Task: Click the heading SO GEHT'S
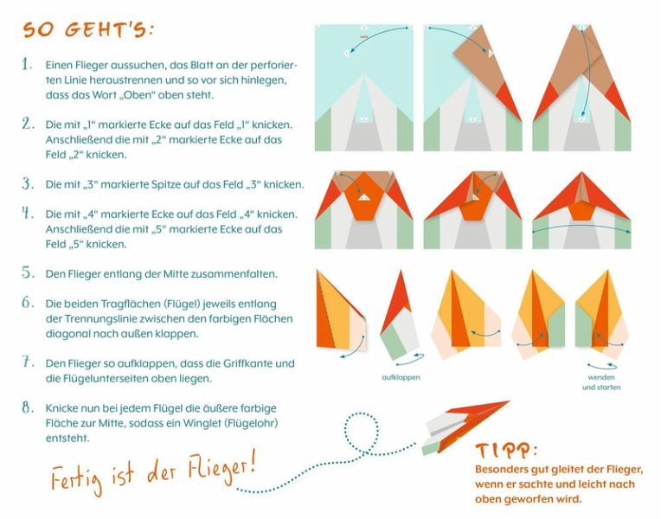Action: pos(88,30)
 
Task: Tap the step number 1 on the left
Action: pos(27,65)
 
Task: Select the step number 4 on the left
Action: pos(28,214)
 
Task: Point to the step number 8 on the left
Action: pos(28,407)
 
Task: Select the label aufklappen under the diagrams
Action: pos(401,377)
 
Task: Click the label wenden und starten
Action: pos(601,382)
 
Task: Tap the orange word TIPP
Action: pos(504,451)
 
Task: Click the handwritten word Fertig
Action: pos(77,478)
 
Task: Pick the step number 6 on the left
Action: pos(28,303)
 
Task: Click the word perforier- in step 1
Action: pos(274,66)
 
